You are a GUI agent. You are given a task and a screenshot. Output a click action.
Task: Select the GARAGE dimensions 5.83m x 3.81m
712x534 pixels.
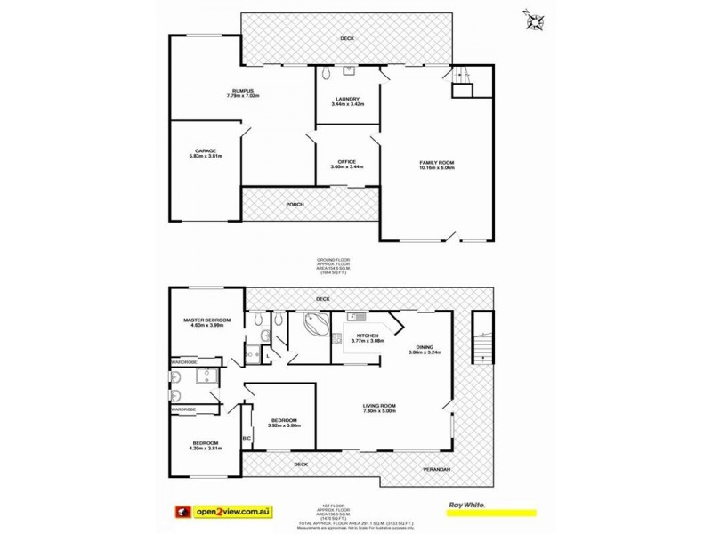[205, 157]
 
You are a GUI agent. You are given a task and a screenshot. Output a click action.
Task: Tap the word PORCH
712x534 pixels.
[295, 205]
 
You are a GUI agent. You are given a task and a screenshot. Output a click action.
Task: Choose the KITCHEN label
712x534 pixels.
[367, 337]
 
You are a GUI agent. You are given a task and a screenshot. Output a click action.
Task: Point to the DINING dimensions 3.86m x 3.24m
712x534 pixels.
[425, 353]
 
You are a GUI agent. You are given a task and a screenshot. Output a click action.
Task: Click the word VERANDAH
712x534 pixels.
[436, 469]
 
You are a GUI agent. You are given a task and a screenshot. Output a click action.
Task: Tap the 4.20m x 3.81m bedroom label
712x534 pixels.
[206, 447]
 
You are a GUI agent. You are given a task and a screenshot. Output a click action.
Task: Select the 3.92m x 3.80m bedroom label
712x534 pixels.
[290, 422]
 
